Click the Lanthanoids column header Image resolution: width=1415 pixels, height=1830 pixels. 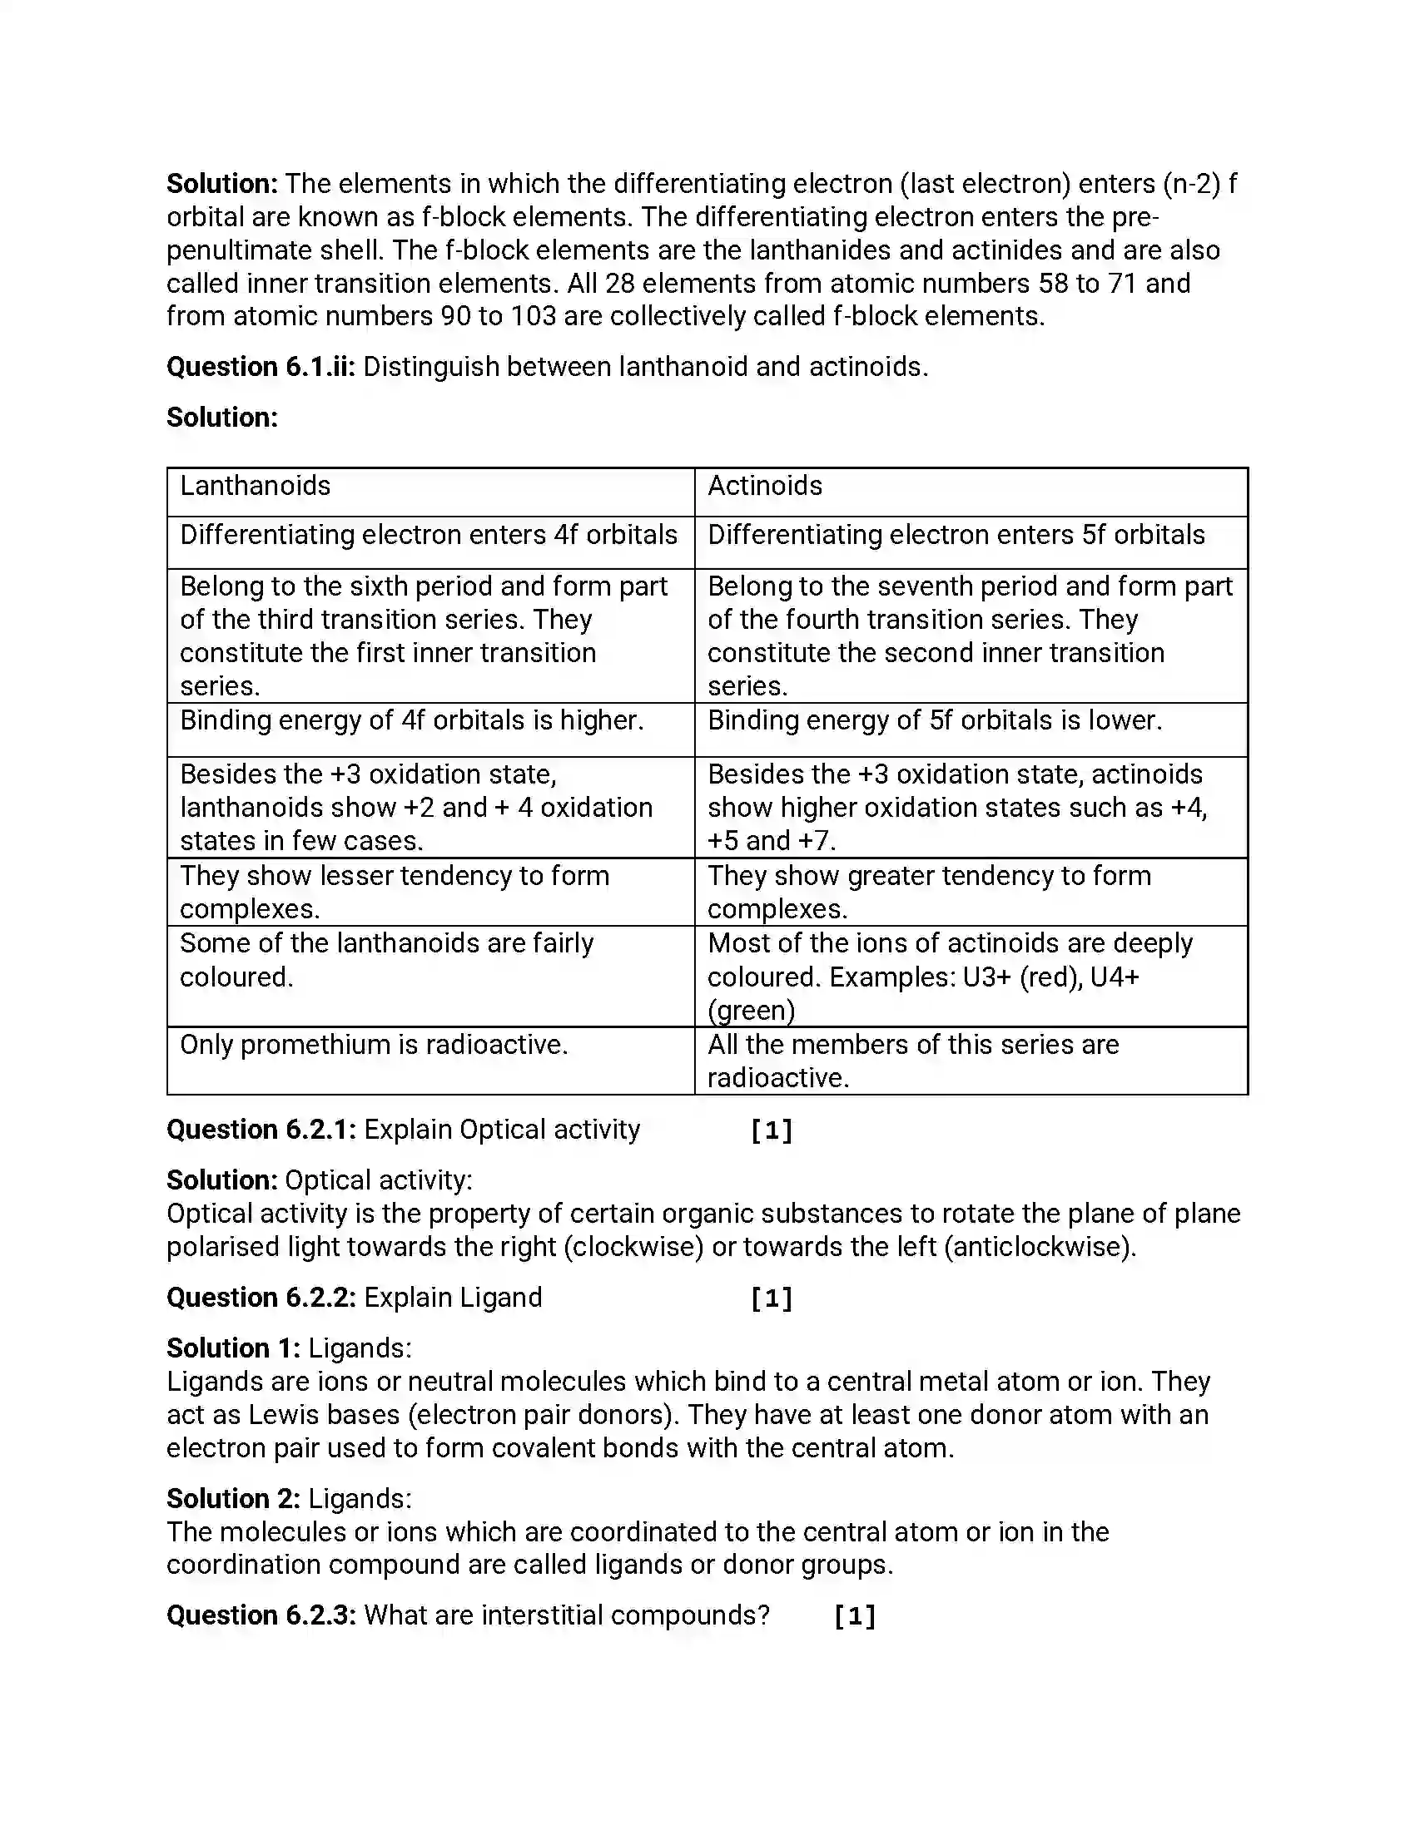click(x=255, y=486)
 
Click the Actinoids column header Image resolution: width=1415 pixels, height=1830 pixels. click(x=764, y=486)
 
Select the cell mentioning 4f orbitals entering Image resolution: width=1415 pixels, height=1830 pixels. click(x=429, y=535)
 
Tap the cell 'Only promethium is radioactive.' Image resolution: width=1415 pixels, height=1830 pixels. click(x=374, y=1045)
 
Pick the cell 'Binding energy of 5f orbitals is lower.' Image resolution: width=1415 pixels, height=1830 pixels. click(x=935, y=720)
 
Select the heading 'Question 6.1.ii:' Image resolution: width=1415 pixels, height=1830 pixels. click(x=261, y=367)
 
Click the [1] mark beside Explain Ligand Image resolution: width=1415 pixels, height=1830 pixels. click(x=772, y=1298)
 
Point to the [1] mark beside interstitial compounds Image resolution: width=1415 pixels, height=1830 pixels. click(x=855, y=1615)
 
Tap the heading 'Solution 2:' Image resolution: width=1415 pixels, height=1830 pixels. click(x=233, y=1498)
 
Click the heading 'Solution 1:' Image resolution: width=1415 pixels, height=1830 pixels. click(x=233, y=1348)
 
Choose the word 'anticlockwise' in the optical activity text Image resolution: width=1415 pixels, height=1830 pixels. click(x=1040, y=1247)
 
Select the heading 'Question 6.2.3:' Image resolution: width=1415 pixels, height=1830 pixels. click(x=261, y=1615)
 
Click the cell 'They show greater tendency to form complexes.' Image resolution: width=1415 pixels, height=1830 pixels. click(x=929, y=892)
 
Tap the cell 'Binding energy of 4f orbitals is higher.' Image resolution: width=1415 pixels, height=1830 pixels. click(x=411, y=720)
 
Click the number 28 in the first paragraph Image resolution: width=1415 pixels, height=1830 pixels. click(x=619, y=283)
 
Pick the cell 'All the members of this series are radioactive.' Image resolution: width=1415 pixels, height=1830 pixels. click(x=913, y=1061)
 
